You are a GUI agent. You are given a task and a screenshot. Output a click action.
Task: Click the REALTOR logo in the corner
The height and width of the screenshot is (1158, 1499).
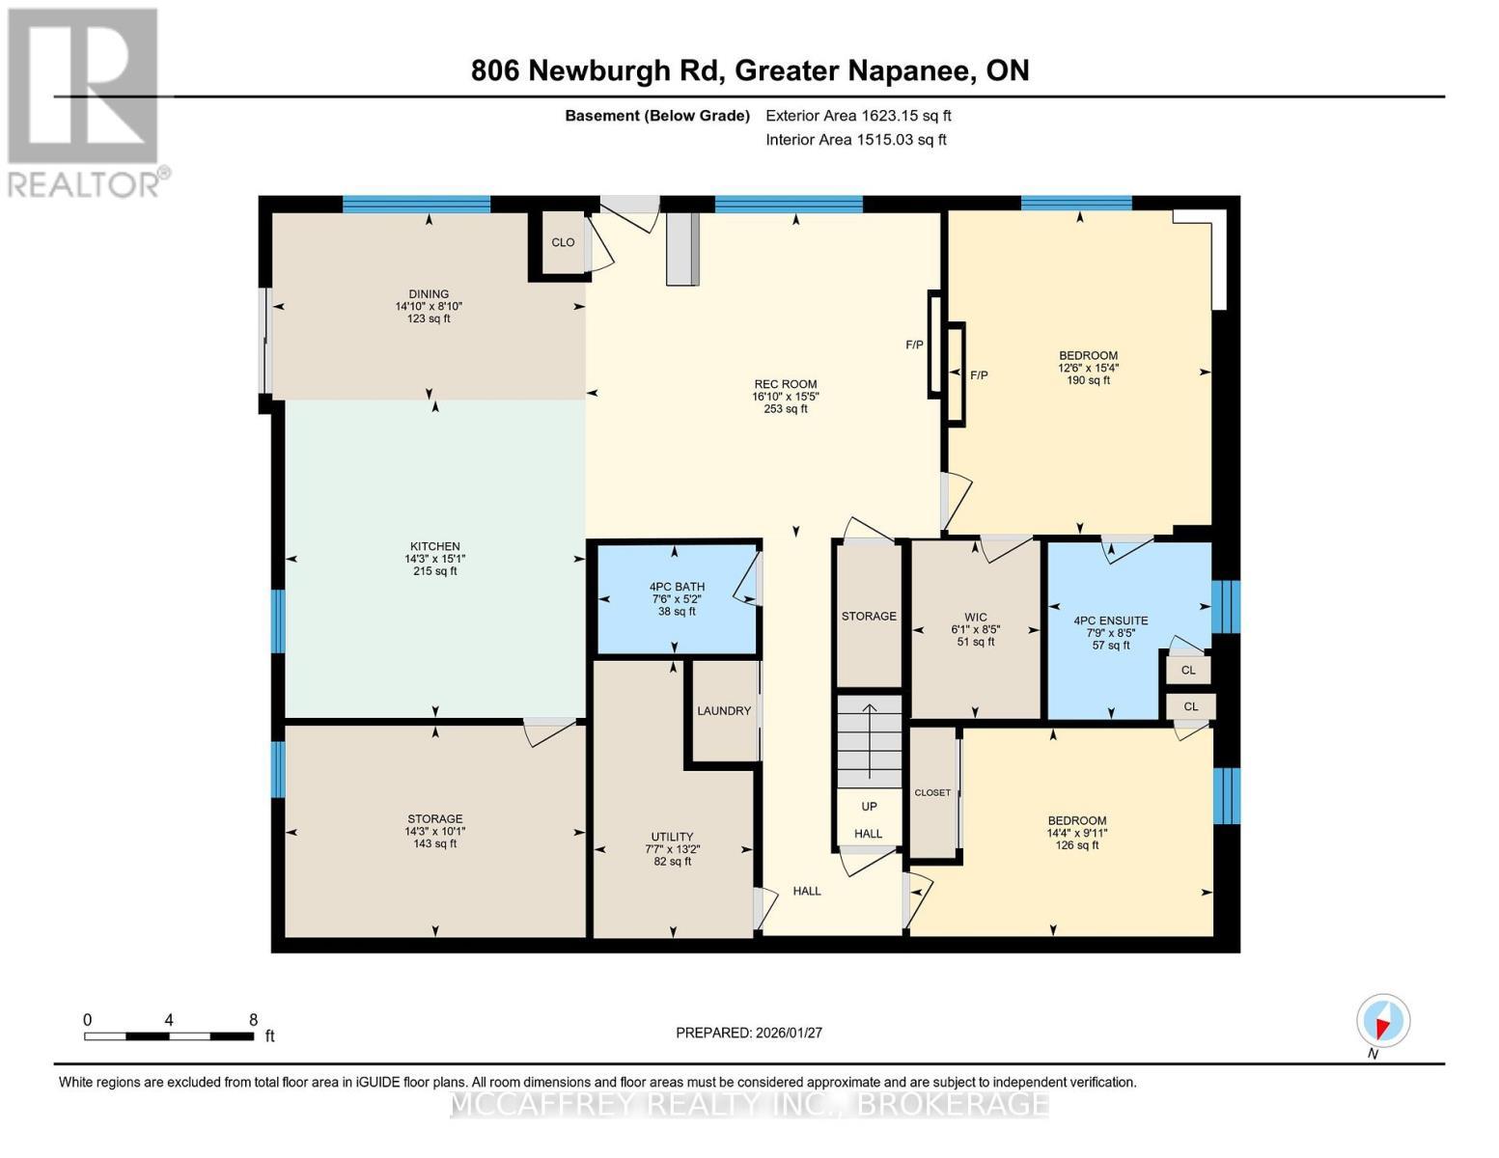(85, 101)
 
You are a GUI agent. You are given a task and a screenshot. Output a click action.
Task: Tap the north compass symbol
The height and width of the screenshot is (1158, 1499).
(1382, 1021)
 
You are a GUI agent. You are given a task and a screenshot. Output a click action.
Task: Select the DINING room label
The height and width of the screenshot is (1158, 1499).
(429, 294)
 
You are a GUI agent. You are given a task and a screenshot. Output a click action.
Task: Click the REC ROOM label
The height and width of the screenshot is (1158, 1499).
(785, 384)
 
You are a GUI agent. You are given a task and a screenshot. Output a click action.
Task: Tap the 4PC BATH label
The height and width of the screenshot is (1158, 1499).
(677, 587)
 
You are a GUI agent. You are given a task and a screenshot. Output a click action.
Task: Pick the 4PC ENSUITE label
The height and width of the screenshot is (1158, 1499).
(1111, 621)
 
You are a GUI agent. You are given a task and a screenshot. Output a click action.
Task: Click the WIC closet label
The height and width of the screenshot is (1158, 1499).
(975, 617)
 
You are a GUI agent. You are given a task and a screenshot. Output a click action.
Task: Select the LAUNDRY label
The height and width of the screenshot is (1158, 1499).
(723, 711)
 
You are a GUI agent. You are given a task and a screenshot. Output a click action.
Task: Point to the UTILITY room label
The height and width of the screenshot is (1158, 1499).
(672, 837)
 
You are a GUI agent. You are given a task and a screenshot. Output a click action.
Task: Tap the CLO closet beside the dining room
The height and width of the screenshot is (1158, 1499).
(563, 242)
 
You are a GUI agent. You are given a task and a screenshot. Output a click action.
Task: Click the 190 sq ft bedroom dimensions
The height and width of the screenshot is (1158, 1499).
(1088, 368)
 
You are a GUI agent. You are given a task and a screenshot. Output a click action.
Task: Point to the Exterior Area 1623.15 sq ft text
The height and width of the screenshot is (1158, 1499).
(858, 116)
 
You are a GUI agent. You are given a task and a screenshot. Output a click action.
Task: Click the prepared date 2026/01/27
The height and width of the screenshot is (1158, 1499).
(748, 1033)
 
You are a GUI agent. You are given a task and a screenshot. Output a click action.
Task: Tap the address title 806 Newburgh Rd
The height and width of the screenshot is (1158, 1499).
(749, 70)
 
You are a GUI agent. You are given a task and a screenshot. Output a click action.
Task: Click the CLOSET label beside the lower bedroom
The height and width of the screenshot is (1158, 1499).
(932, 792)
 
